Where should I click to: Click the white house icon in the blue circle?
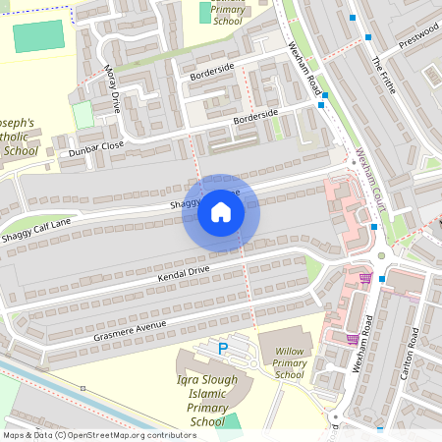(x=221, y=212)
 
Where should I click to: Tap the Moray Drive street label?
(x=112, y=89)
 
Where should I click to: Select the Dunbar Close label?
(x=96, y=148)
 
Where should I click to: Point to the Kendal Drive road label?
(x=184, y=273)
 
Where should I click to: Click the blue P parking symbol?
(x=223, y=348)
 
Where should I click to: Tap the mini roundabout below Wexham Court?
(x=381, y=257)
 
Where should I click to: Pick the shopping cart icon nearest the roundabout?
(x=365, y=278)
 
